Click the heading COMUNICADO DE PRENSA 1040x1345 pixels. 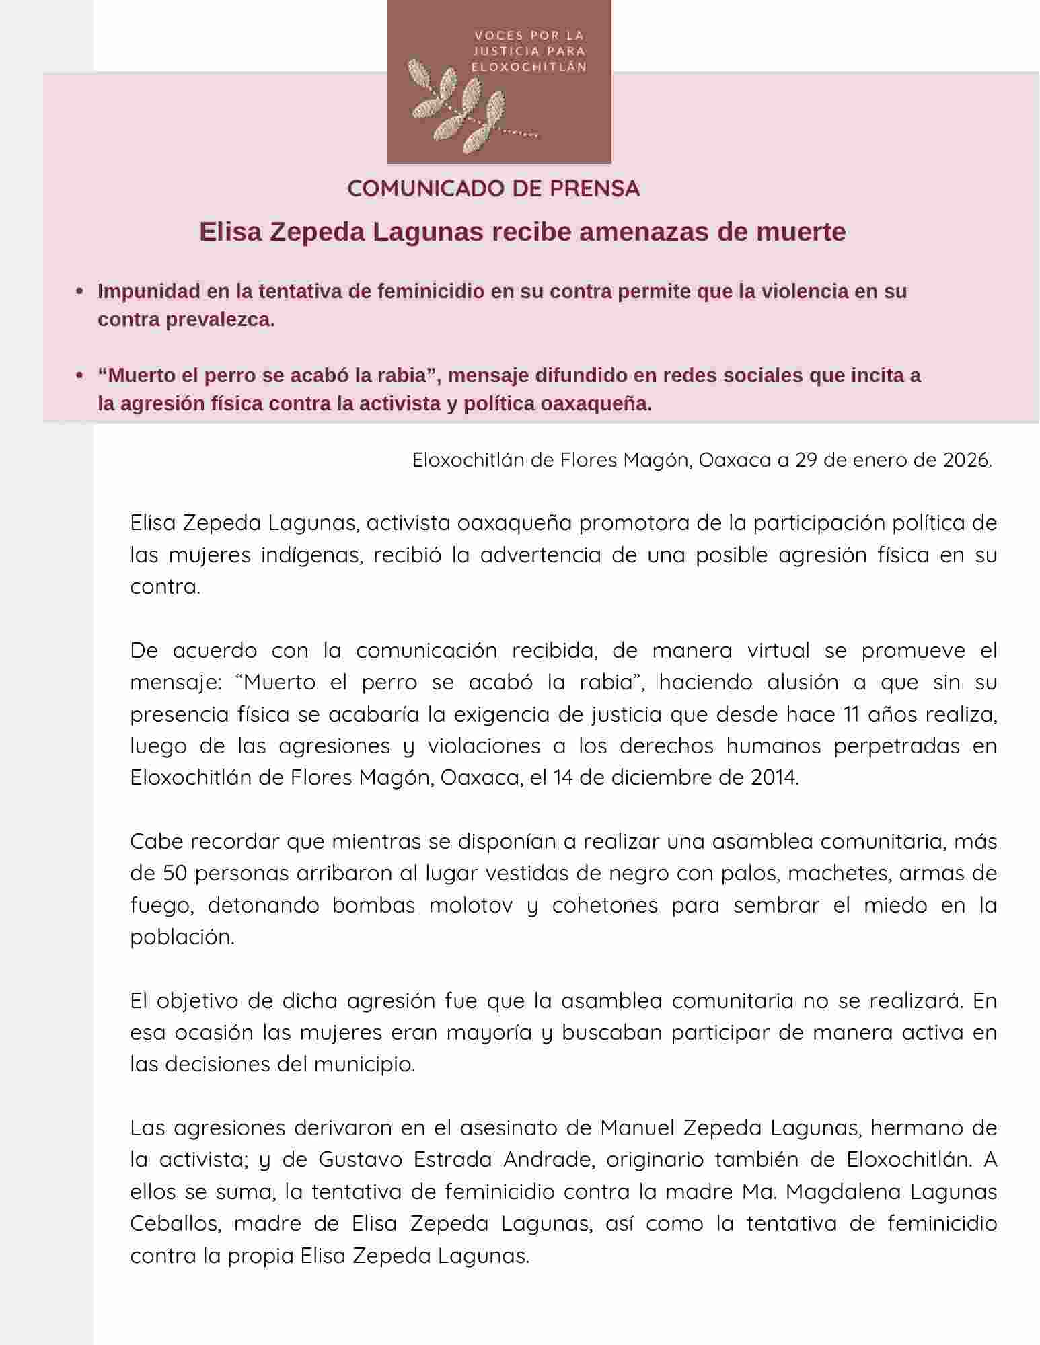493,189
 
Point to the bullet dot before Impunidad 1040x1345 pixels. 80,292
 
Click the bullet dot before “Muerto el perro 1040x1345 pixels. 80,375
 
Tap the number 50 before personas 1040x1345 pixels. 175,874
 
